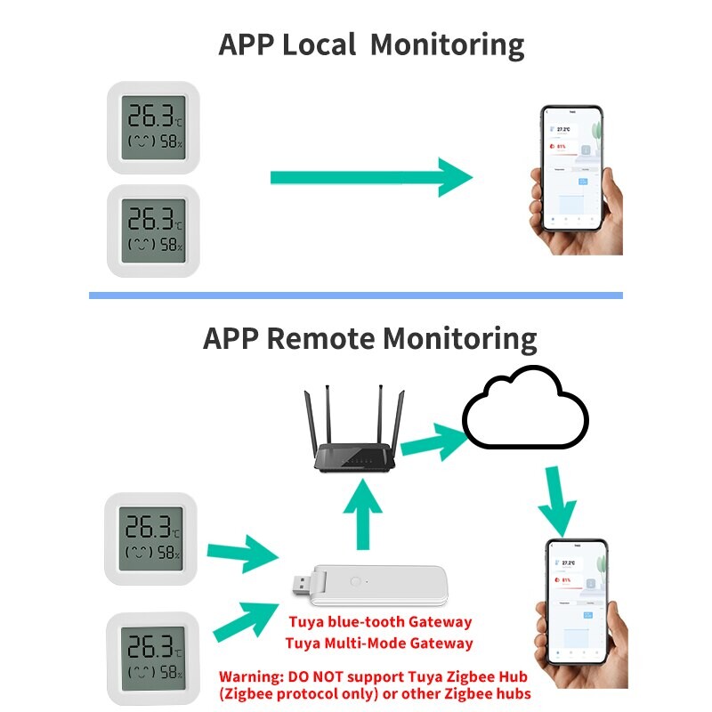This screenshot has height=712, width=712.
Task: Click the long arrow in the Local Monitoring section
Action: tap(369, 177)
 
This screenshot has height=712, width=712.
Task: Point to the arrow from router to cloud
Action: tap(433, 440)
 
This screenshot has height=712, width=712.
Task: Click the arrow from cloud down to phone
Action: tap(559, 506)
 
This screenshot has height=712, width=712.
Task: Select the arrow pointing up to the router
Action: tap(362, 516)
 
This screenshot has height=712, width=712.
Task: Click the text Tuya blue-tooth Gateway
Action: tap(379, 622)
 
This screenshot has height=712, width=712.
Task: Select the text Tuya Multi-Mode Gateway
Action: tap(379, 643)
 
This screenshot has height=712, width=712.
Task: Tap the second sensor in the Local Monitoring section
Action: tap(153, 231)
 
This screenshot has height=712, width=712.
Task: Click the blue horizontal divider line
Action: tap(356, 295)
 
